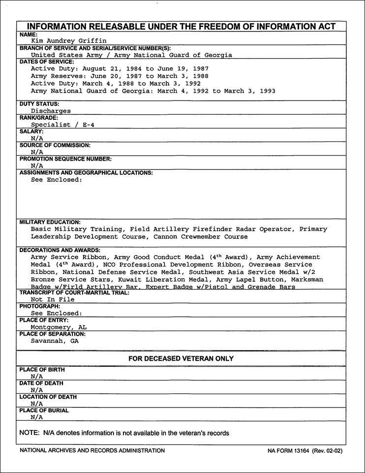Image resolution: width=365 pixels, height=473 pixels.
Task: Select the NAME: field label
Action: point(29,34)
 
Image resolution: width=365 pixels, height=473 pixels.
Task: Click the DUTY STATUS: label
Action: point(39,104)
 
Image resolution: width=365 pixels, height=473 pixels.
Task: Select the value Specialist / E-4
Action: point(62,125)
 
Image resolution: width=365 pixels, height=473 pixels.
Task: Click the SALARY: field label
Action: point(31,132)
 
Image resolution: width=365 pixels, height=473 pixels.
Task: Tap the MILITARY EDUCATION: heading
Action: point(50,222)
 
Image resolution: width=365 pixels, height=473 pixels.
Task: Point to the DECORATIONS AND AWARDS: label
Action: point(60,250)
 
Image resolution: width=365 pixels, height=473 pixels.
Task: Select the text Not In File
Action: point(53,300)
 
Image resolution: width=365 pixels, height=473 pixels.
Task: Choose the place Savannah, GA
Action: point(55,341)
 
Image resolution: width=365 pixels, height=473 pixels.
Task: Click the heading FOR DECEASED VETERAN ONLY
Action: point(181,359)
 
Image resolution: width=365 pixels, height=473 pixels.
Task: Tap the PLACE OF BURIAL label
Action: point(44,410)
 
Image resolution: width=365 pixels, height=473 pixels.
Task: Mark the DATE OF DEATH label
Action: point(41,383)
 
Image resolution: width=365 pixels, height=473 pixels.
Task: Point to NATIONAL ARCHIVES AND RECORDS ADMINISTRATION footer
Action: point(92,451)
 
